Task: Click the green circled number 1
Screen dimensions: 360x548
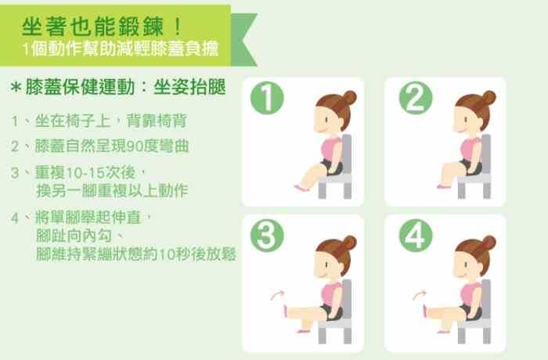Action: pyautogui.click(x=265, y=99)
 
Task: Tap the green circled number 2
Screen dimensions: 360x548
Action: pyautogui.click(x=415, y=99)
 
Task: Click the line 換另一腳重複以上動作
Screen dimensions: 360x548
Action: pyautogui.click(x=112, y=190)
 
